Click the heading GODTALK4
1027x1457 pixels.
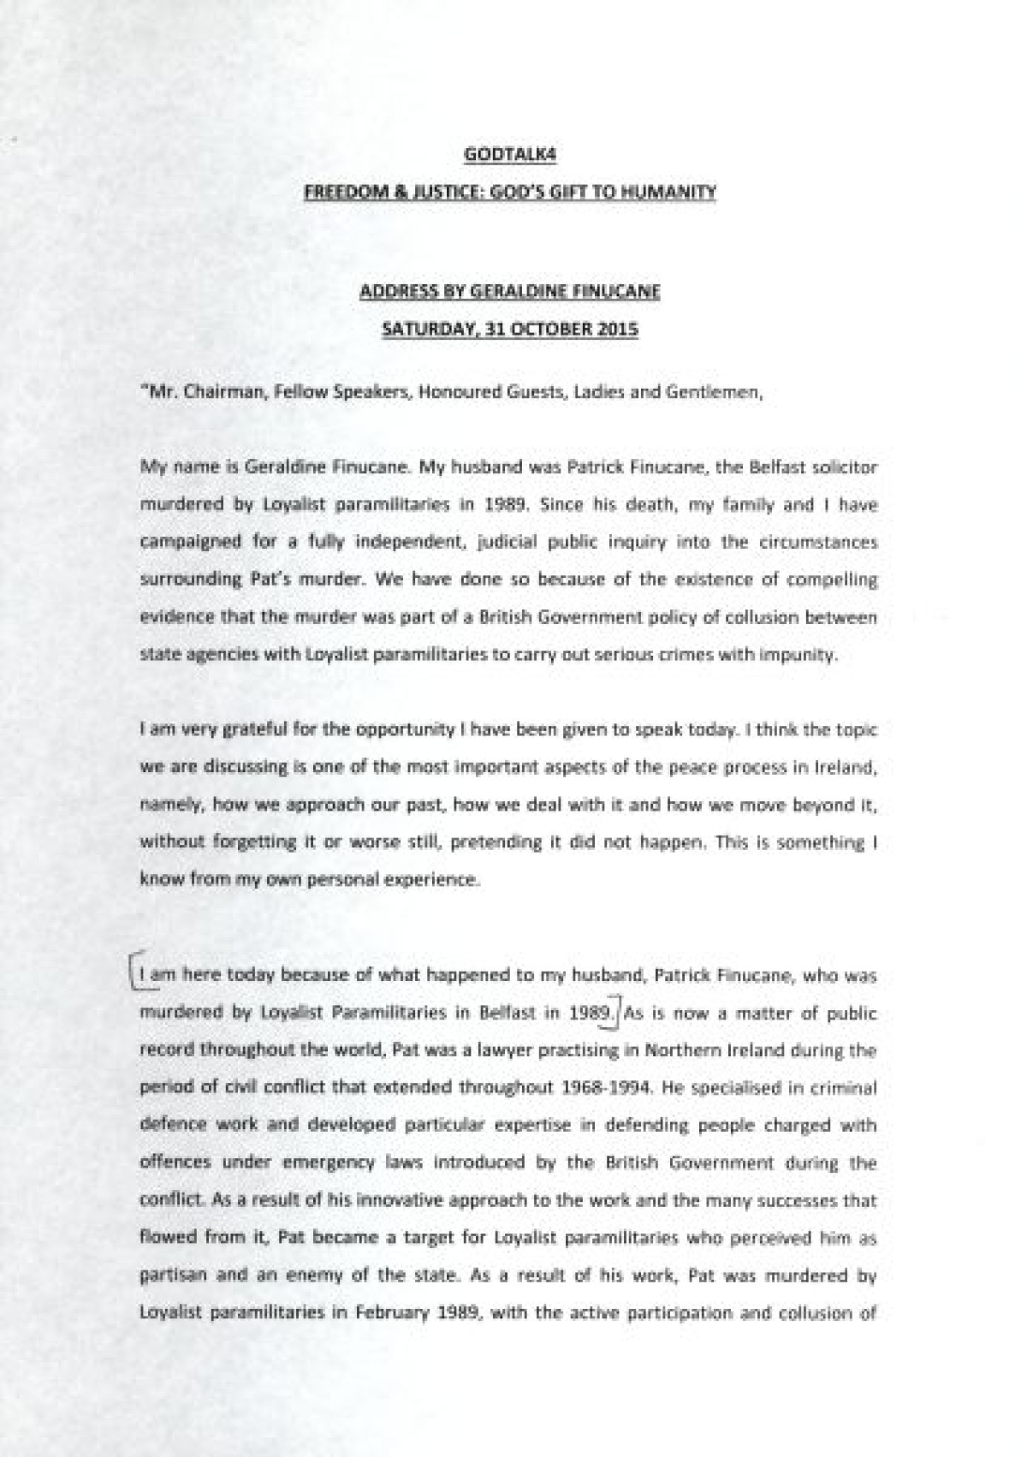[x=509, y=155]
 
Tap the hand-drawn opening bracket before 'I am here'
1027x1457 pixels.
[x=131, y=972]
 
